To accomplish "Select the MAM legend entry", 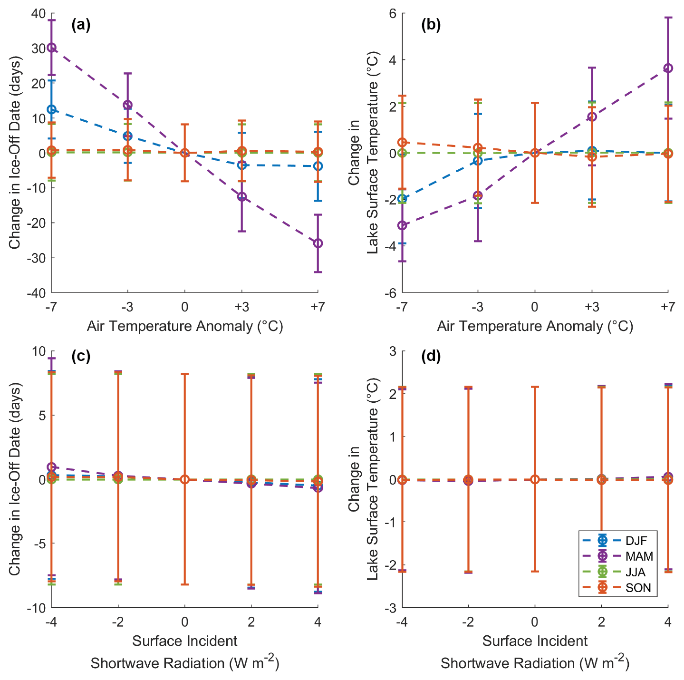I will [x=639, y=556].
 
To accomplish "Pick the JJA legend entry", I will [x=635, y=572].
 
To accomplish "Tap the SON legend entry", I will [x=638, y=588].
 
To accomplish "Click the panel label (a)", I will [x=81, y=25].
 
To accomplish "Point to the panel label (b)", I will [x=431, y=25].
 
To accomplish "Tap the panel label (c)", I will [x=81, y=356].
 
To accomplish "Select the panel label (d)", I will [x=431, y=356].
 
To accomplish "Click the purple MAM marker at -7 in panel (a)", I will [x=51, y=48].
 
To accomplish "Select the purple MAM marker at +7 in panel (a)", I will [x=318, y=243].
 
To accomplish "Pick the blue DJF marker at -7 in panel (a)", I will [x=51, y=109].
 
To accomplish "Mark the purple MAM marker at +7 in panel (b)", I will [x=668, y=68].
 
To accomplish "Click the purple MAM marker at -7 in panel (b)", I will [x=402, y=225].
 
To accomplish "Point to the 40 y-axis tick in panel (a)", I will [x=38, y=13].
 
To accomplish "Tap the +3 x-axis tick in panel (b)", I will [x=591, y=307].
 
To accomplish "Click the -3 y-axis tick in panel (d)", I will [x=393, y=608].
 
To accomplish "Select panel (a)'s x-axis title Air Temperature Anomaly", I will [x=184, y=326].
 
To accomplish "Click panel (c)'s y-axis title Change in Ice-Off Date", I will [x=15, y=479].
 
